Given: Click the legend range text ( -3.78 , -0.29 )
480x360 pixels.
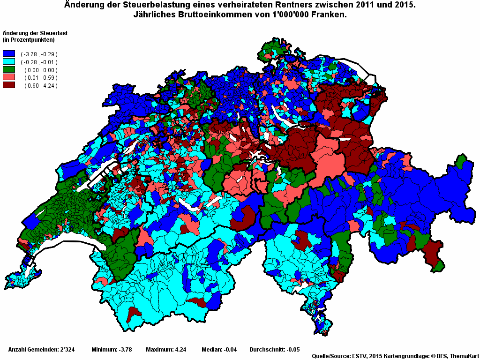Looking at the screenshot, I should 39,54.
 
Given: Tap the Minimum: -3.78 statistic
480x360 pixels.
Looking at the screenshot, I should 112,350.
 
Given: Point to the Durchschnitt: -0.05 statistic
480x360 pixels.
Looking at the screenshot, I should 274,350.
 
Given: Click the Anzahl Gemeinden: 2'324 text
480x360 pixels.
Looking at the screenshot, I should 40,350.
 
